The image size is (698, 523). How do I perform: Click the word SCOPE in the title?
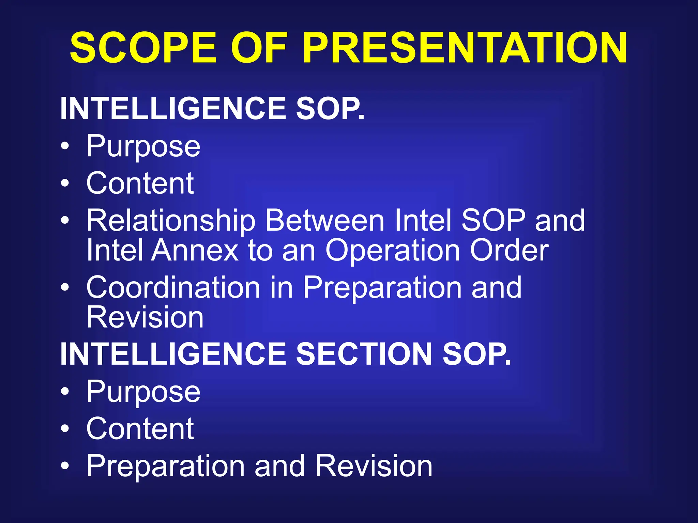143,48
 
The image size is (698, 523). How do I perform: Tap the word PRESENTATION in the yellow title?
464,48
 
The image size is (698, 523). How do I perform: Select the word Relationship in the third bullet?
171,221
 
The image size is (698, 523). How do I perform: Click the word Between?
325,220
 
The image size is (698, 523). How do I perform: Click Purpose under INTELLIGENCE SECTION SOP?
143,392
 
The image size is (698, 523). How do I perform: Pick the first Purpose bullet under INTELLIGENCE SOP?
143,147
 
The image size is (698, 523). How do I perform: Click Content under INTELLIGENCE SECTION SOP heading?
140,429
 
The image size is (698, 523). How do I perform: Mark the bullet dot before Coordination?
65,288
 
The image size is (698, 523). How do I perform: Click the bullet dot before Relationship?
65,221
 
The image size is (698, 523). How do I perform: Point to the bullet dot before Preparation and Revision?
65,465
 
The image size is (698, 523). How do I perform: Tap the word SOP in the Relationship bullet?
493,220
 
